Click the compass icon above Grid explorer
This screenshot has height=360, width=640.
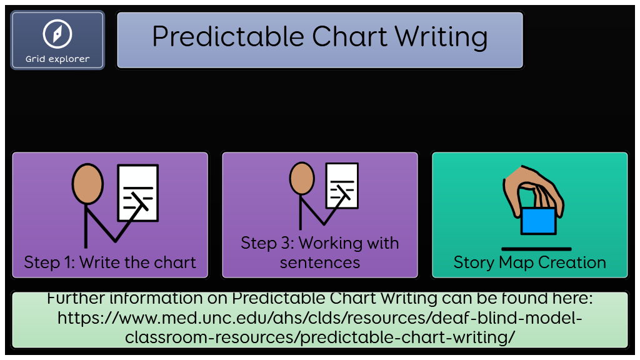57,34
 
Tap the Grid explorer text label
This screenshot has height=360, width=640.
57,59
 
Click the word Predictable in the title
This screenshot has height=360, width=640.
228,37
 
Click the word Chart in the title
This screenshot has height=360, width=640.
349,37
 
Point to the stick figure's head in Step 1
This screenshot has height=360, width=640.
87,184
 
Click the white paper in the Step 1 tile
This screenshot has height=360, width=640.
138,192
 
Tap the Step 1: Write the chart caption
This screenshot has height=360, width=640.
110,262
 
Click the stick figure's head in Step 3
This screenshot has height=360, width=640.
302,178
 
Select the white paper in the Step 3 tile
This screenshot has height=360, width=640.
342,186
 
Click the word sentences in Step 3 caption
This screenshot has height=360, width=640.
320,262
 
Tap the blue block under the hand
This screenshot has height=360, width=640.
538,221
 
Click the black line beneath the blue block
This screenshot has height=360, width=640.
536,249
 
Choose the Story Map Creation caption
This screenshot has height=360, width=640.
530,262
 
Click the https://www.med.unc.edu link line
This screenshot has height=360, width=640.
320,317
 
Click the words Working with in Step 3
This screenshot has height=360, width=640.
349,243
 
